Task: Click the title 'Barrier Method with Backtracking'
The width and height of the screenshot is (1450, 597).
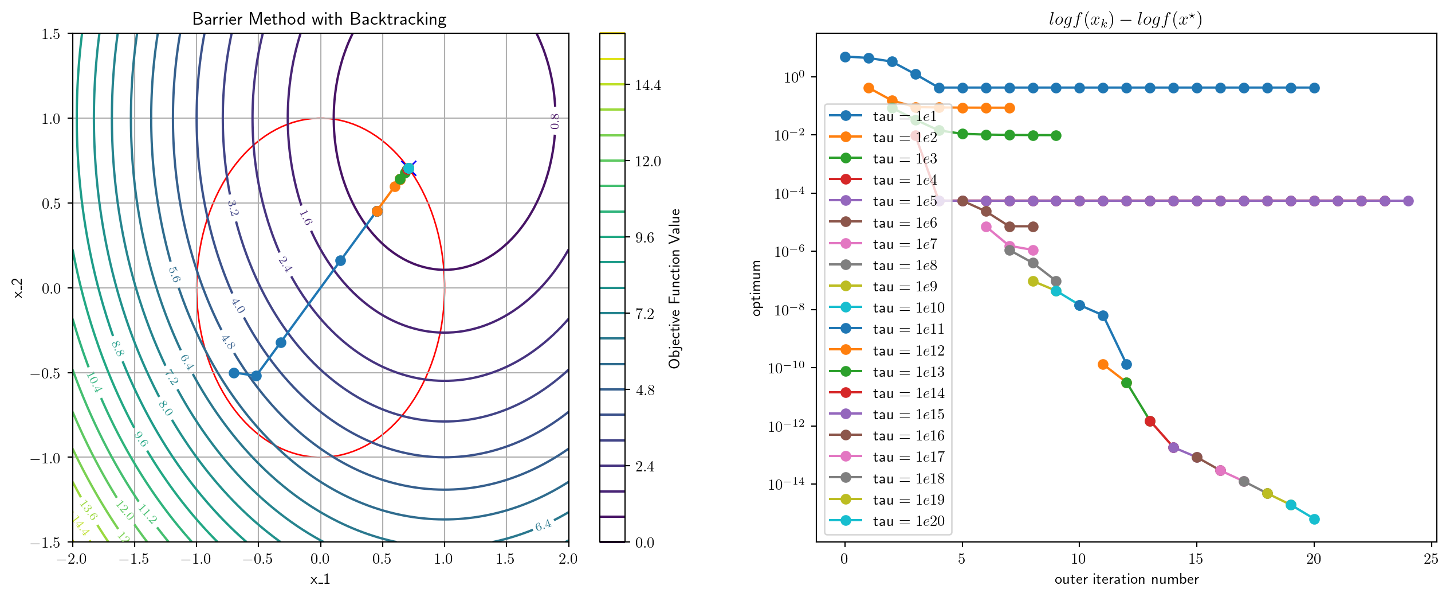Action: tap(319, 19)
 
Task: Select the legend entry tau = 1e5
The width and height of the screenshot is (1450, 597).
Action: tap(905, 201)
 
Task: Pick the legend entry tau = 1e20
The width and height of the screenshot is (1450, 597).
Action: tap(909, 521)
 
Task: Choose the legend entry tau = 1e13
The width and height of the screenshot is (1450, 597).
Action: tap(909, 372)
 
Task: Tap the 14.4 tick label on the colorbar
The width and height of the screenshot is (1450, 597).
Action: tap(648, 85)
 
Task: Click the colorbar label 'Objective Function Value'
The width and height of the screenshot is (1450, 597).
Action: tap(674, 288)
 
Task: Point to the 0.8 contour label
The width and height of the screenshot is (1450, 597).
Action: tap(554, 121)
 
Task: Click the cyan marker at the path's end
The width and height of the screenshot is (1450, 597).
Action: tap(408, 169)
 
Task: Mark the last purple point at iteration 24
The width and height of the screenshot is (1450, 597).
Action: tap(1408, 201)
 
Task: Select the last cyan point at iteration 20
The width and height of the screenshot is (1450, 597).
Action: tap(1314, 520)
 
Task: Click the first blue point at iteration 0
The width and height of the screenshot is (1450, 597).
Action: tap(845, 57)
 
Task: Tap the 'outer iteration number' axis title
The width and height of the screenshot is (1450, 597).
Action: tap(1126, 579)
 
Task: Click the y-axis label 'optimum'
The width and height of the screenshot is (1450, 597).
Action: tap(757, 288)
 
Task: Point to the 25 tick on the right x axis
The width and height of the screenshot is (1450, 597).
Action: tap(1431, 559)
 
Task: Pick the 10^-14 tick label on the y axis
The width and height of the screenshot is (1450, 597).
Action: tap(786, 485)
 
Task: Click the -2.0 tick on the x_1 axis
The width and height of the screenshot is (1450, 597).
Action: tap(72, 559)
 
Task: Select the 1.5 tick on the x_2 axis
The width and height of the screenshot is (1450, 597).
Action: tap(51, 34)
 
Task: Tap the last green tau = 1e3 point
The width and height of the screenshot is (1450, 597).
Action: tap(1056, 136)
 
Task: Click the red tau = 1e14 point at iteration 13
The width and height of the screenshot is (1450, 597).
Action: tap(1150, 422)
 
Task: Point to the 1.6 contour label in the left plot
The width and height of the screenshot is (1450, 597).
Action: tap(305, 218)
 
